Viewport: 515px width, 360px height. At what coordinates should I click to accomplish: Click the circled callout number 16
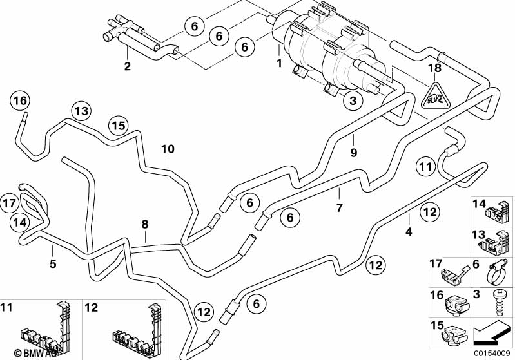[x=20, y=101]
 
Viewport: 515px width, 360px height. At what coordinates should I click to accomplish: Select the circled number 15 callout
[x=117, y=125]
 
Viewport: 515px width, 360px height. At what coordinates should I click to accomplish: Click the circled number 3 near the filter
[x=352, y=101]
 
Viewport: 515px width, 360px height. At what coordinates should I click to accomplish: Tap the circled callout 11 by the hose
[x=425, y=166]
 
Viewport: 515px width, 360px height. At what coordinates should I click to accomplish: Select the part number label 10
[x=168, y=149]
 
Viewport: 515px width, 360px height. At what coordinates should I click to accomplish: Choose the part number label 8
[x=145, y=223]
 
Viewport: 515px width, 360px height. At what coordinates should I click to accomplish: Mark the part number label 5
[x=53, y=263]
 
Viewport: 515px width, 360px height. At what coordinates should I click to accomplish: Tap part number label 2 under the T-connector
[x=127, y=66]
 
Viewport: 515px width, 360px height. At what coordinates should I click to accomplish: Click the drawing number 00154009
[x=492, y=354]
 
